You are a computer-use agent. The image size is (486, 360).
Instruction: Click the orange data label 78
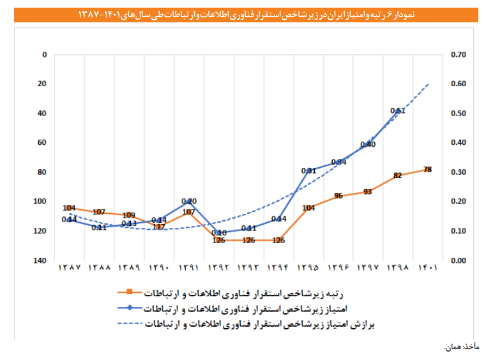point(427,169)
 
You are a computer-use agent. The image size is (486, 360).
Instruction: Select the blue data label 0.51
point(397,110)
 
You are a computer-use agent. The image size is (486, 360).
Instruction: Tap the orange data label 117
point(159,227)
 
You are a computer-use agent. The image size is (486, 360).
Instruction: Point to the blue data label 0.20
point(189,201)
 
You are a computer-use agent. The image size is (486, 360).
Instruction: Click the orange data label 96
point(338,195)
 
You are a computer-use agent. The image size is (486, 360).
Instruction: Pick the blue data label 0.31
point(308,170)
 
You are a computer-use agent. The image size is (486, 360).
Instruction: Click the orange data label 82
point(398,176)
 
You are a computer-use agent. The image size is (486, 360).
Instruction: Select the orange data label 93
point(368,191)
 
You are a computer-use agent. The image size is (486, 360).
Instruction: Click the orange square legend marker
point(129,292)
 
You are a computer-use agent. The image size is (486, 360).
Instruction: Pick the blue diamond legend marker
point(129,308)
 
